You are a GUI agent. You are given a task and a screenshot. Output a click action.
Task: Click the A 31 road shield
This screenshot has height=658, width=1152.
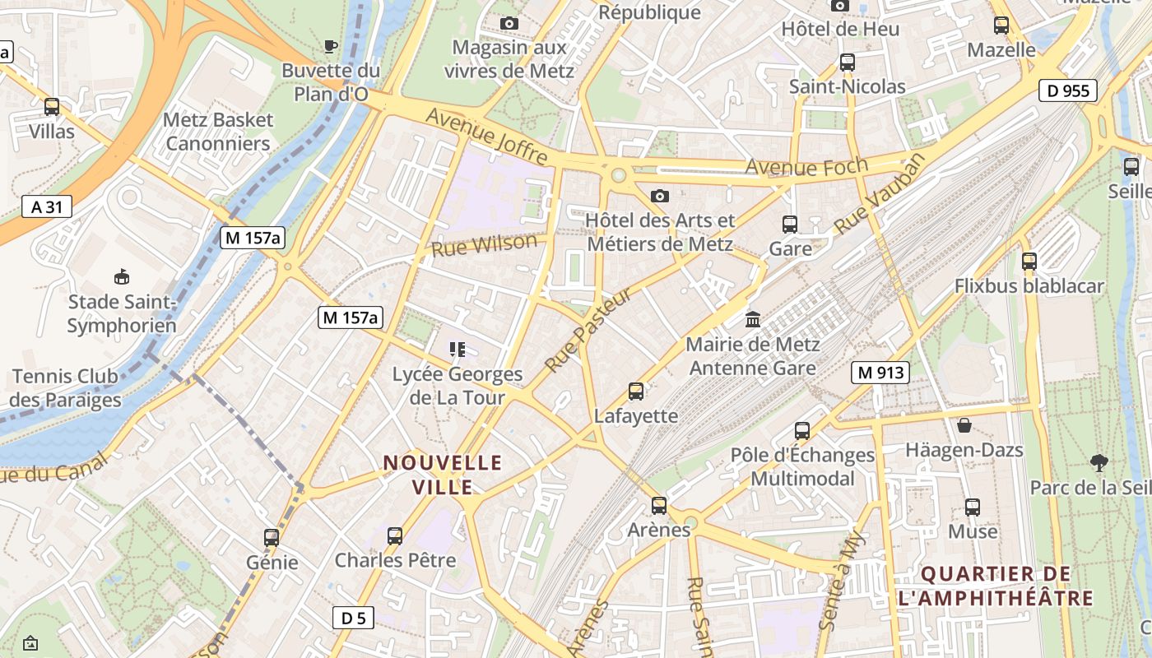(47, 206)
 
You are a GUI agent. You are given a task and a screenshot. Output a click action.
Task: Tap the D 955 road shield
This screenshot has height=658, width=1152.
(1068, 90)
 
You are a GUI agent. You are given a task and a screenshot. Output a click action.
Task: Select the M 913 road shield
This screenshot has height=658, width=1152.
(880, 373)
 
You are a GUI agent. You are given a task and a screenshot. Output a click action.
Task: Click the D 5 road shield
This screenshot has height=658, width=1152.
(353, 618)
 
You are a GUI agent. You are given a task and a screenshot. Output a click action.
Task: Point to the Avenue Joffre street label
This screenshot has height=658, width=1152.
(489, 134)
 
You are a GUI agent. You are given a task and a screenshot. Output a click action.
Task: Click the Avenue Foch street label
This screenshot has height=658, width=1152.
(806, 168)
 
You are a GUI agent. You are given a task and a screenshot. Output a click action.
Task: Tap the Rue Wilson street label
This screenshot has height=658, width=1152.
(484, 245)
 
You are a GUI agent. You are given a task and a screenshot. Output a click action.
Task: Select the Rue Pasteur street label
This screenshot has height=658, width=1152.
(588, 329)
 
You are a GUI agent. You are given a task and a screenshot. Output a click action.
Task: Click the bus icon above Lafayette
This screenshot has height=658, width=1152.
(636, 392)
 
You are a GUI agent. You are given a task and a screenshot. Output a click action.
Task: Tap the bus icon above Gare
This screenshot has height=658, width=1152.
(790, 224)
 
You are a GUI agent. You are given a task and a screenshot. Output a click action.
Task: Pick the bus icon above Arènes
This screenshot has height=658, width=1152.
(659, 505)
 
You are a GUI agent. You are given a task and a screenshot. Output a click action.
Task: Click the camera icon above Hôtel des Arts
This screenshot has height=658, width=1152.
(659, 196)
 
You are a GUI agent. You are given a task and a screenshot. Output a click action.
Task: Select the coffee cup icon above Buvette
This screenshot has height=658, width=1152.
(331, 46)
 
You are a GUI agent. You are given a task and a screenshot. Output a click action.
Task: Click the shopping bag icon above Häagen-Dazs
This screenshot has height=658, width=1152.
(964, 425)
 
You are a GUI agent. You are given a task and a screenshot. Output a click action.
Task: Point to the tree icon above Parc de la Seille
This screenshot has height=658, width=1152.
(1098, 462)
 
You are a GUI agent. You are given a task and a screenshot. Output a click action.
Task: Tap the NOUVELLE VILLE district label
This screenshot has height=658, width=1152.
(443, 475)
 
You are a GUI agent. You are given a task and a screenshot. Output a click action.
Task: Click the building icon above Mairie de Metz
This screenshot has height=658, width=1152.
(752, 319)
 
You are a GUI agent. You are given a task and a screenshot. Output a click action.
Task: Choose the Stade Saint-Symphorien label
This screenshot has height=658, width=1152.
(122, 314)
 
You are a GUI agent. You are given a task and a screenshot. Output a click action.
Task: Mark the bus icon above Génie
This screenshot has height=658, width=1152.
(272, 538)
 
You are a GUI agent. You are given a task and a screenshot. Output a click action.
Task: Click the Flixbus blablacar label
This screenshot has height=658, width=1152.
(1029, 286)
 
